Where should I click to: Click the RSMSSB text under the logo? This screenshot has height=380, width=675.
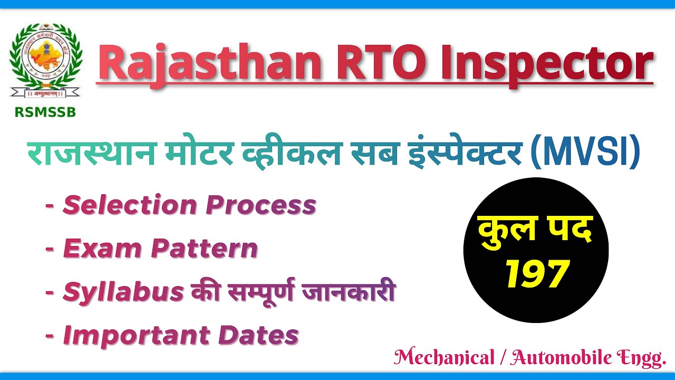click(45, 112)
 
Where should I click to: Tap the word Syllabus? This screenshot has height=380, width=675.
click(123, 292)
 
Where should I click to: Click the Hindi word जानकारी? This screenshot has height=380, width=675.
click(348, 292)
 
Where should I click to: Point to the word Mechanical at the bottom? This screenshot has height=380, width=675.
click(442, 358)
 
